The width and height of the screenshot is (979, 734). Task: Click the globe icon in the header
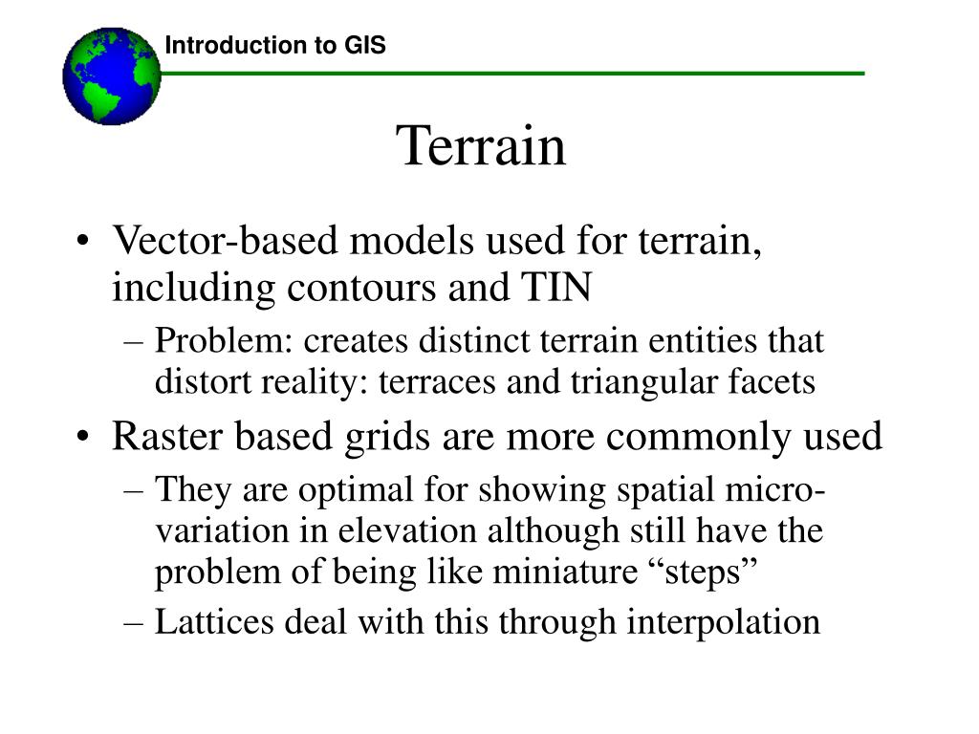coord(112,76)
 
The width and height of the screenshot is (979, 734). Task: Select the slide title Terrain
coord(481,145)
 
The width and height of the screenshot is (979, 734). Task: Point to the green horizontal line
coord(512,74)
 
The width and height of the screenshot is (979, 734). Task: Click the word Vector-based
coord(225,240)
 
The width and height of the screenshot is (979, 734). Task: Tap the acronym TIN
coord(556,287)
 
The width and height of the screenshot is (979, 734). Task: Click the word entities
coord(703,341)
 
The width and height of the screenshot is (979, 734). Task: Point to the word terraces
coord(437,382)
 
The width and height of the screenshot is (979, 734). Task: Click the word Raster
coord(167,436)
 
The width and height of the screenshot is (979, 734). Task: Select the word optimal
coord(356,490)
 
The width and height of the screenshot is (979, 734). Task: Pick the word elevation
coord(407,531)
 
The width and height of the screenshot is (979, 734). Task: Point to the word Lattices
coord(214,621)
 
